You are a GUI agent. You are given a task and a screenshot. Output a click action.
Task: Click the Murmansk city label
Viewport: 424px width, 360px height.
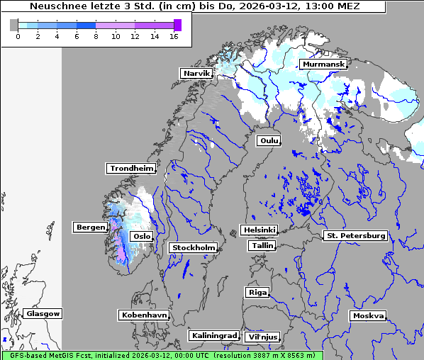(x=324, y=64)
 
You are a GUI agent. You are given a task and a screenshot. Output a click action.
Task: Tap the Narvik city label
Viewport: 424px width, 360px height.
(x=196, y=73)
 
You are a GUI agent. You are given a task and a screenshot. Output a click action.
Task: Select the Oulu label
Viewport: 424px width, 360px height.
(x=269, y=140)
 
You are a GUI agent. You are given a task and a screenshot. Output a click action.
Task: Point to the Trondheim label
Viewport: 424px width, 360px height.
(x=130, y=169)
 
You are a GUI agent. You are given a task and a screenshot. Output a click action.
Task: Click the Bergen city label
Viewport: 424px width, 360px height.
(x=89, y=227)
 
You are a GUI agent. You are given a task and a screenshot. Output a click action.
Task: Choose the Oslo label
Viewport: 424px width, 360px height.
(x=142, y=236)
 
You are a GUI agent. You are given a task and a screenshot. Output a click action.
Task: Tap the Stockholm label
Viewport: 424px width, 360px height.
(x=193, y=247)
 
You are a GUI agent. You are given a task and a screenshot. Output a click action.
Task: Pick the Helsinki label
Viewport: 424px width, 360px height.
(x=259, y=230)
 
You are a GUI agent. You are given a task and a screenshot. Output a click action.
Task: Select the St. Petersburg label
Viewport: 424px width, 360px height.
(x=355, y=235)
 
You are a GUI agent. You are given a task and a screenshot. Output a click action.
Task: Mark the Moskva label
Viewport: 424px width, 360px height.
(x=368, y=315)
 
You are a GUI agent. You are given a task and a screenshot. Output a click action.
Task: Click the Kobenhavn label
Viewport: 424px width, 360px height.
(x=144, y=315)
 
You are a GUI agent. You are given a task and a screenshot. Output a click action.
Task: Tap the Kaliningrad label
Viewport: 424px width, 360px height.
(x=213, y=335)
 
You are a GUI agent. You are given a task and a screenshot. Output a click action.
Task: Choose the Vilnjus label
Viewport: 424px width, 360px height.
(x=262, y=337)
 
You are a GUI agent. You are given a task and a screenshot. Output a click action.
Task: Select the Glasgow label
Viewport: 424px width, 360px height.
(x=43, y=313)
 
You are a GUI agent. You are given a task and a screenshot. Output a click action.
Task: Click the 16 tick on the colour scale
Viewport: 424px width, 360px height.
(x=174, y=35)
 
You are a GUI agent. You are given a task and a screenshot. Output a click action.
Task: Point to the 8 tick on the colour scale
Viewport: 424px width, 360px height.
(x=96, y=35)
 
